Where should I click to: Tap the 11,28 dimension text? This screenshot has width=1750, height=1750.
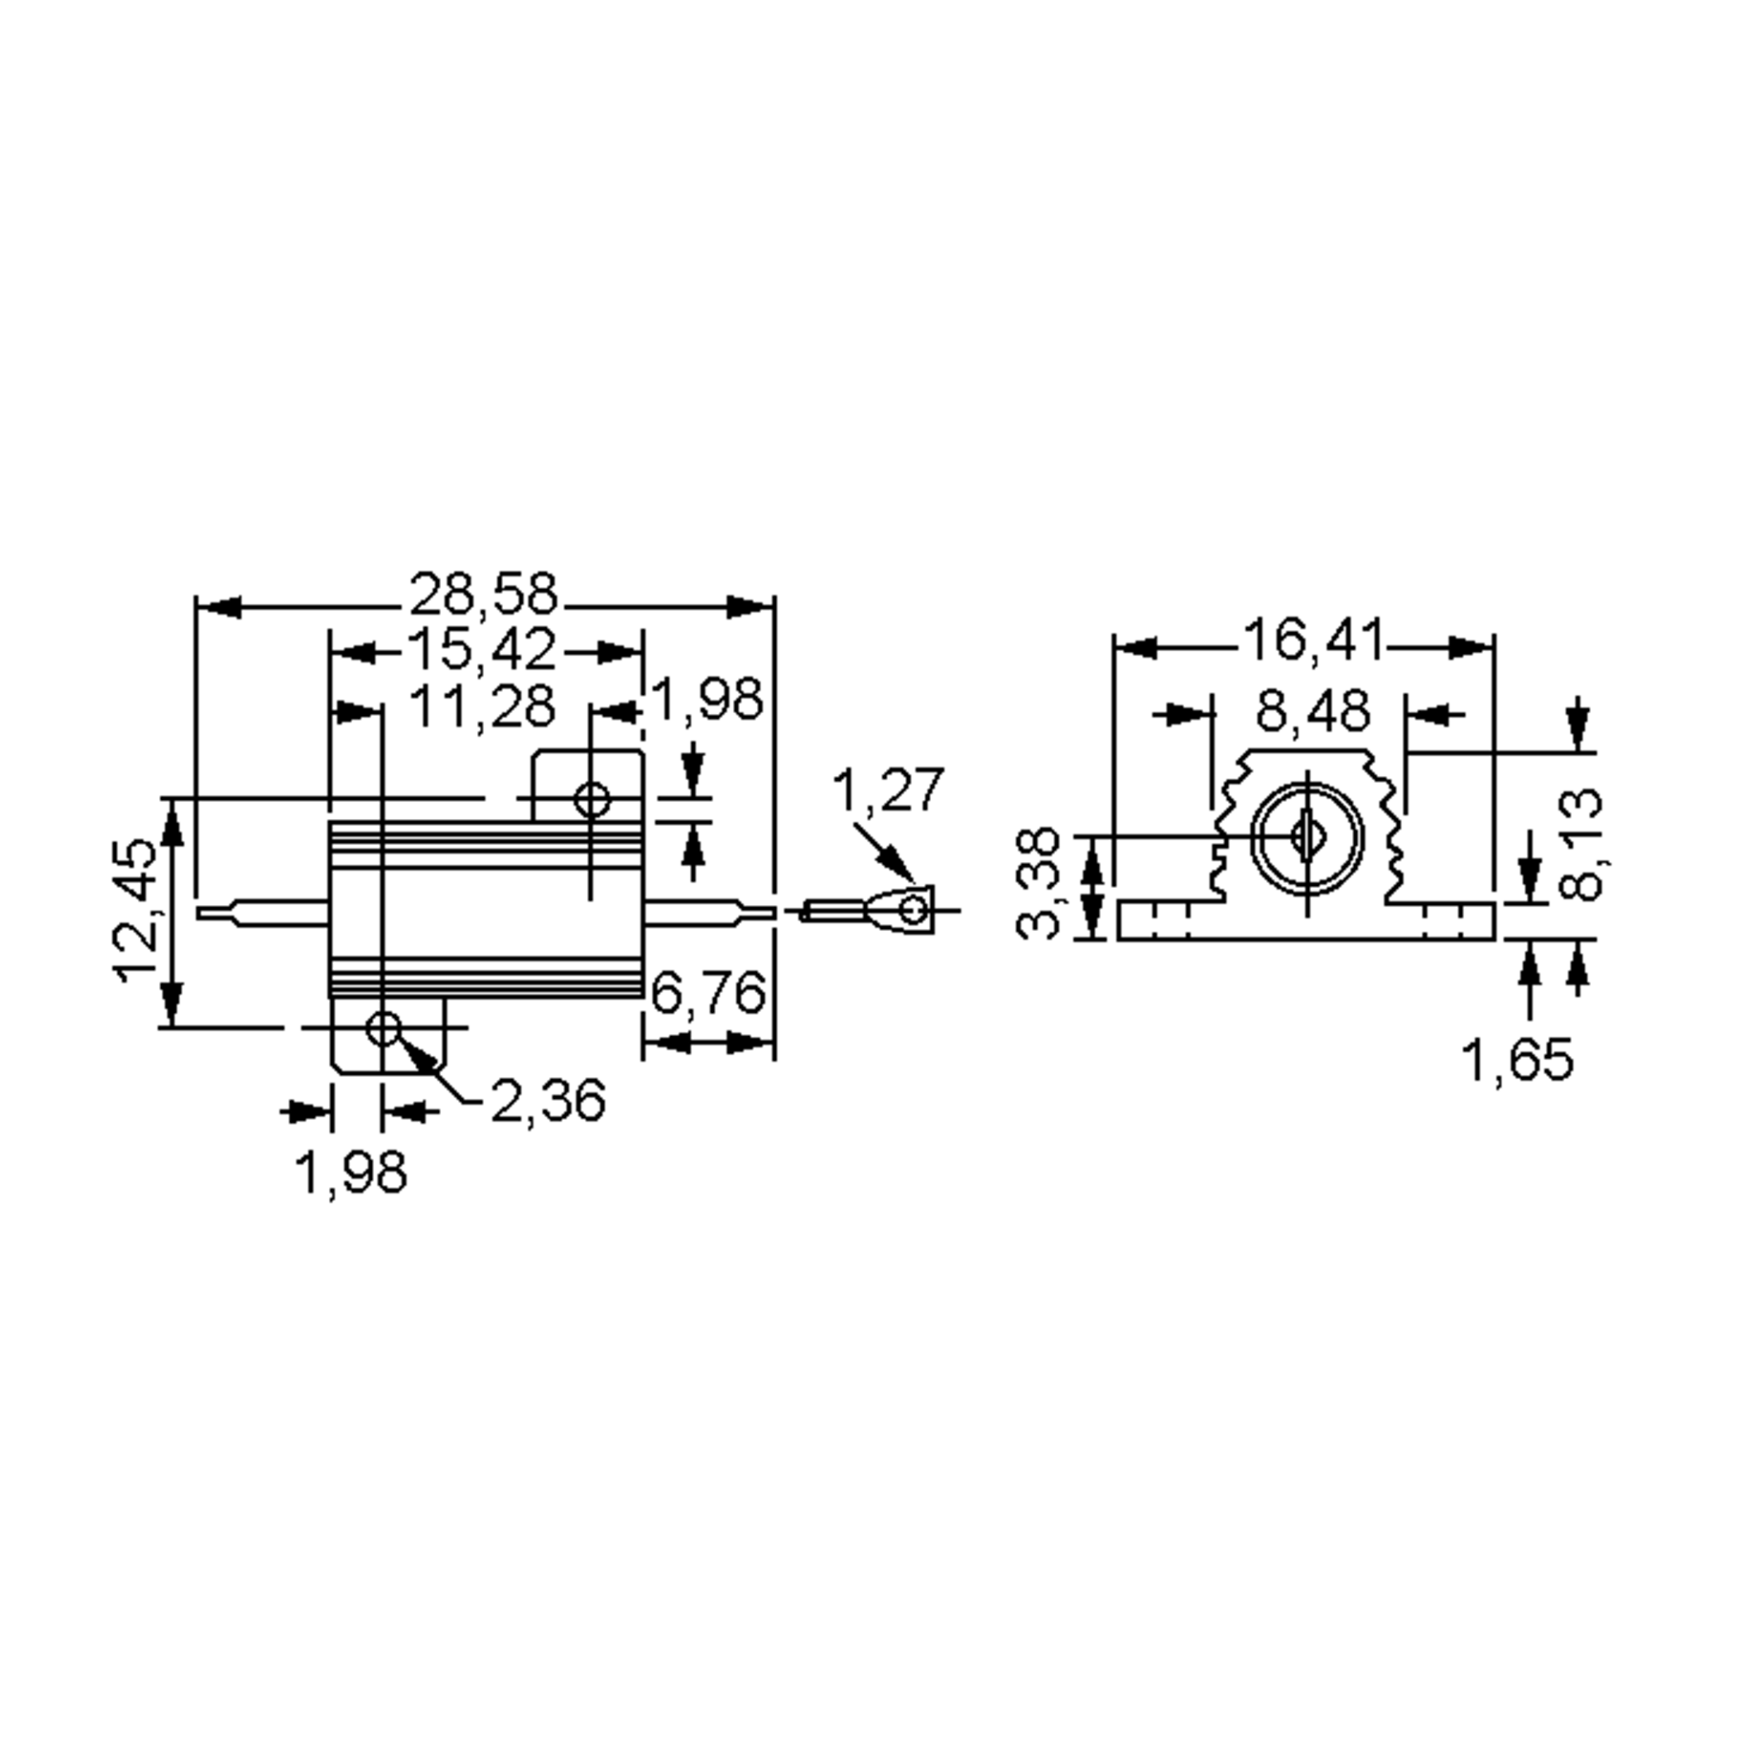(482, 707)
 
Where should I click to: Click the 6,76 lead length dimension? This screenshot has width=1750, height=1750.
(707, 994)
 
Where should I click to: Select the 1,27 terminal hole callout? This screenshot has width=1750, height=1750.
(887, 790)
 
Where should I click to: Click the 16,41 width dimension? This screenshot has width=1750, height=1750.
(1312, 640)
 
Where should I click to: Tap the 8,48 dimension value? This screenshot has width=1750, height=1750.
(1312, 712)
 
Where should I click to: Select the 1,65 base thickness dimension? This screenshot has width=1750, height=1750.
(1518, 1059)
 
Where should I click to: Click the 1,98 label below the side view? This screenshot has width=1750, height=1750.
(351, 1173)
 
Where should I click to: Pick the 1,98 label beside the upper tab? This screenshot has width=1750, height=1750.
(707, 700)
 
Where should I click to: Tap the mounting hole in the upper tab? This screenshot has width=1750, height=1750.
(592, 800)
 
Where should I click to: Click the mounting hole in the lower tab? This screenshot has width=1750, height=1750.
(383, 1028)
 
